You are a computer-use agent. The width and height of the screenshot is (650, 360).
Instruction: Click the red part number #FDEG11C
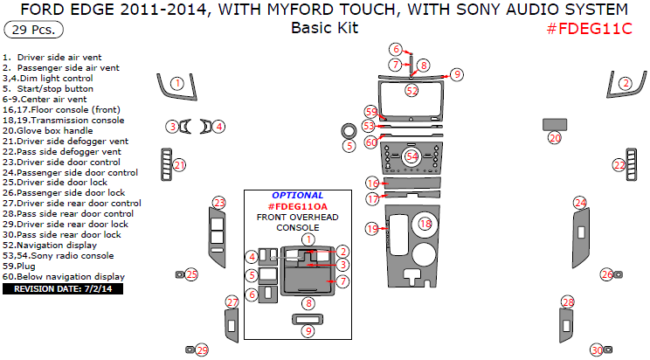coord(588,28)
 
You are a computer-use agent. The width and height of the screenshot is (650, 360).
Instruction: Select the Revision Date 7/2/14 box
coord(63,287)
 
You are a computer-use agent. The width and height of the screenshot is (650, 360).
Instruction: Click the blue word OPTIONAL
coord(297,195)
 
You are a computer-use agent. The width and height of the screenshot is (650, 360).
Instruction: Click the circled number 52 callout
coord(411,90)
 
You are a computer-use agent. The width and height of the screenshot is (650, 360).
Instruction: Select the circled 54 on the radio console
coord(411,156)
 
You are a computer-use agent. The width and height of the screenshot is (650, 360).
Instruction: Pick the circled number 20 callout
coord(555,138)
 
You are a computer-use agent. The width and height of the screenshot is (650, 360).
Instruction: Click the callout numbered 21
coord(179,164)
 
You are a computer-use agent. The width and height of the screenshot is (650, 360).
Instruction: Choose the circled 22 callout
coord(619,164)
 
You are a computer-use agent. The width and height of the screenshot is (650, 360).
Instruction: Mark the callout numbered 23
coord(218,203)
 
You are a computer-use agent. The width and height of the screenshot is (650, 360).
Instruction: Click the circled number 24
coord(579,203)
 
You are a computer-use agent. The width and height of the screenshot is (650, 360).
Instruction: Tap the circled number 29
coord(202,350)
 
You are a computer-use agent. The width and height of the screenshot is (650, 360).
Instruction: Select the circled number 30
coord(597,350)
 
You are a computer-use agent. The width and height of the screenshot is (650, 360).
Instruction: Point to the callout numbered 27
coord(232,302)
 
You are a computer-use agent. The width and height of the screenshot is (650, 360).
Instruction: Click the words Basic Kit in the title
coord(324,27)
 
